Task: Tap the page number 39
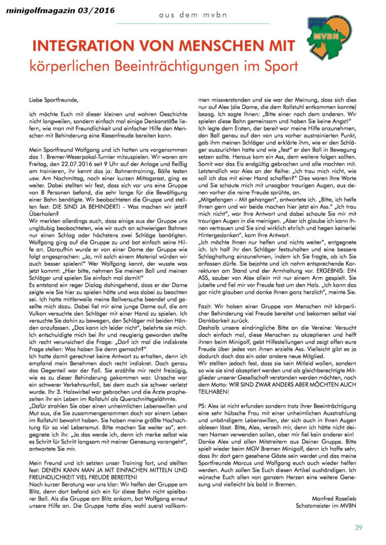359,528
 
